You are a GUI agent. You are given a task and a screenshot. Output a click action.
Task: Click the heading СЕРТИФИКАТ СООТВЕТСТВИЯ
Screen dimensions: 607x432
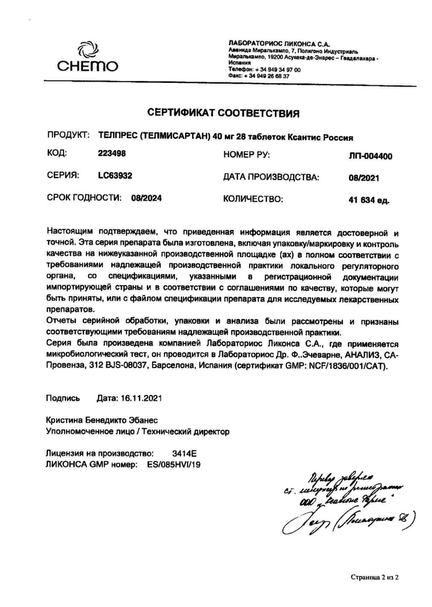coord(224,114)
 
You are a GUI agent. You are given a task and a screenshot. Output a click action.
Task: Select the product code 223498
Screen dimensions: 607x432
coord(112,154)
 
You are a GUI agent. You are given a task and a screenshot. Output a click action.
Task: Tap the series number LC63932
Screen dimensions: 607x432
coord(115,176)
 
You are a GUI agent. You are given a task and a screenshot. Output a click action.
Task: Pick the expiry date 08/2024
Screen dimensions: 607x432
coord(147,198)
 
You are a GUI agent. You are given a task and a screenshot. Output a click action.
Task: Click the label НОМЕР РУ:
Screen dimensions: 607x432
coord(247,155)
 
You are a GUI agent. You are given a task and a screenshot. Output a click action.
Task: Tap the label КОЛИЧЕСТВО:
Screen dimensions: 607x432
coord(253,199)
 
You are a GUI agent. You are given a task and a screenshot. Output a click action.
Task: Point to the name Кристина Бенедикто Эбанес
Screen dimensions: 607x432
coord(102,420)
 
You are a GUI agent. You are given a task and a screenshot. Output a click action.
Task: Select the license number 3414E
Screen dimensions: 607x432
coord(185,453)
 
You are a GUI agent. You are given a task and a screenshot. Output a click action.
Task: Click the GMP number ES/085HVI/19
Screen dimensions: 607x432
coord(174,465)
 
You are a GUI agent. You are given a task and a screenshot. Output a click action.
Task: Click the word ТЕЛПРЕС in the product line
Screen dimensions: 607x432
coord(117,137)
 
